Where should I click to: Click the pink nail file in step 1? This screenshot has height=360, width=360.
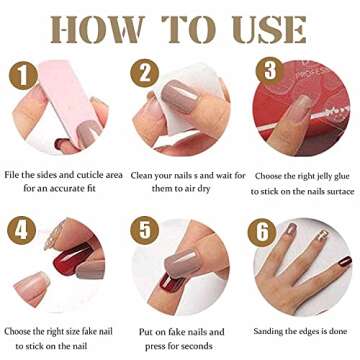45,90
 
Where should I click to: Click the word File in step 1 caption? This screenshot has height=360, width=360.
13,172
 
